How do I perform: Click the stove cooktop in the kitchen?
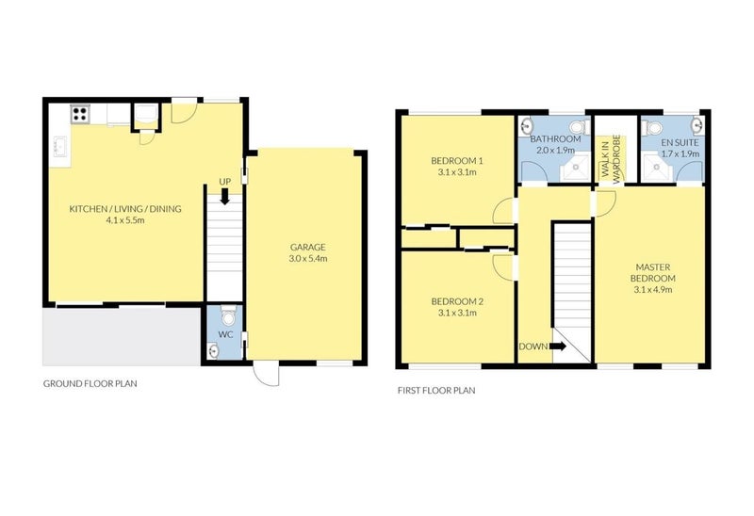pyautogui.click(x=80, y=115)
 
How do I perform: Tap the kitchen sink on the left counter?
pyautogui.click(x=58, y=148)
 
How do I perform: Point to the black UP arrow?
pyautogui.click(x=224, y=197)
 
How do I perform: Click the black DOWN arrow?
pyautogui.click(x=557, y=347)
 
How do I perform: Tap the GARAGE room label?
pyautogui.click(x=307, y=246)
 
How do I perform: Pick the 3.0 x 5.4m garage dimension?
pyautogui.click(x=307, y=258)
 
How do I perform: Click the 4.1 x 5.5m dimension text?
pyautogui.click(x=126, y=221)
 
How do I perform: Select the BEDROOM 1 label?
pyautogui.click(x=457, y=161)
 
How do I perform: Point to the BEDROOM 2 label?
pyautogui.click(x=457, y=301)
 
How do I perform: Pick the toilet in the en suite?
pyautogui.click(x=648, y=126)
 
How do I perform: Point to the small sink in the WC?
pyautogui.click(x=212, y=350)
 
